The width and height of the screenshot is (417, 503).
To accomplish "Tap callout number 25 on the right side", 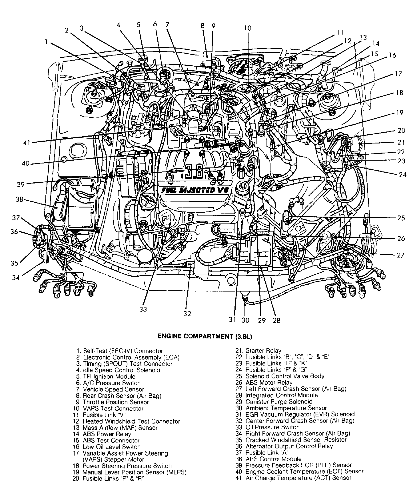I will click(401, 218).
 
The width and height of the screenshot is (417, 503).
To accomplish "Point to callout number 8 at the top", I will click(203, 26).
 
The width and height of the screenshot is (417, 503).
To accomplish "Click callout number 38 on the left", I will click(19, 199).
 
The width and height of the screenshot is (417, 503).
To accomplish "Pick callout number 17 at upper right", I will click(398, 74).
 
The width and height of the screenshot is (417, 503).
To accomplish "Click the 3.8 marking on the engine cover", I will click(194, 172).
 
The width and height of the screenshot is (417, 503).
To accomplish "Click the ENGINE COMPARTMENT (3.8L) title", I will click(205, 336).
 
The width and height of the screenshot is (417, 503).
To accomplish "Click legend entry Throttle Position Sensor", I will click(116, 402).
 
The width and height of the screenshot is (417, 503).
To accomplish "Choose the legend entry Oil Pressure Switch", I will click(272, 427).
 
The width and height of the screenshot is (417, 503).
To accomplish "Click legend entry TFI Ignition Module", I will click(109, 377).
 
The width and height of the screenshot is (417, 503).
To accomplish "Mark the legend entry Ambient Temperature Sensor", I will click(286, 408).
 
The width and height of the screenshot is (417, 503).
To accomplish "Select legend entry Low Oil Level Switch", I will click(112, 447).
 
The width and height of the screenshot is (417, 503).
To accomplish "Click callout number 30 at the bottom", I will click(245, 320).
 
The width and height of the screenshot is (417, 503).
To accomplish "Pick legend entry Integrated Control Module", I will click(282, 396).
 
